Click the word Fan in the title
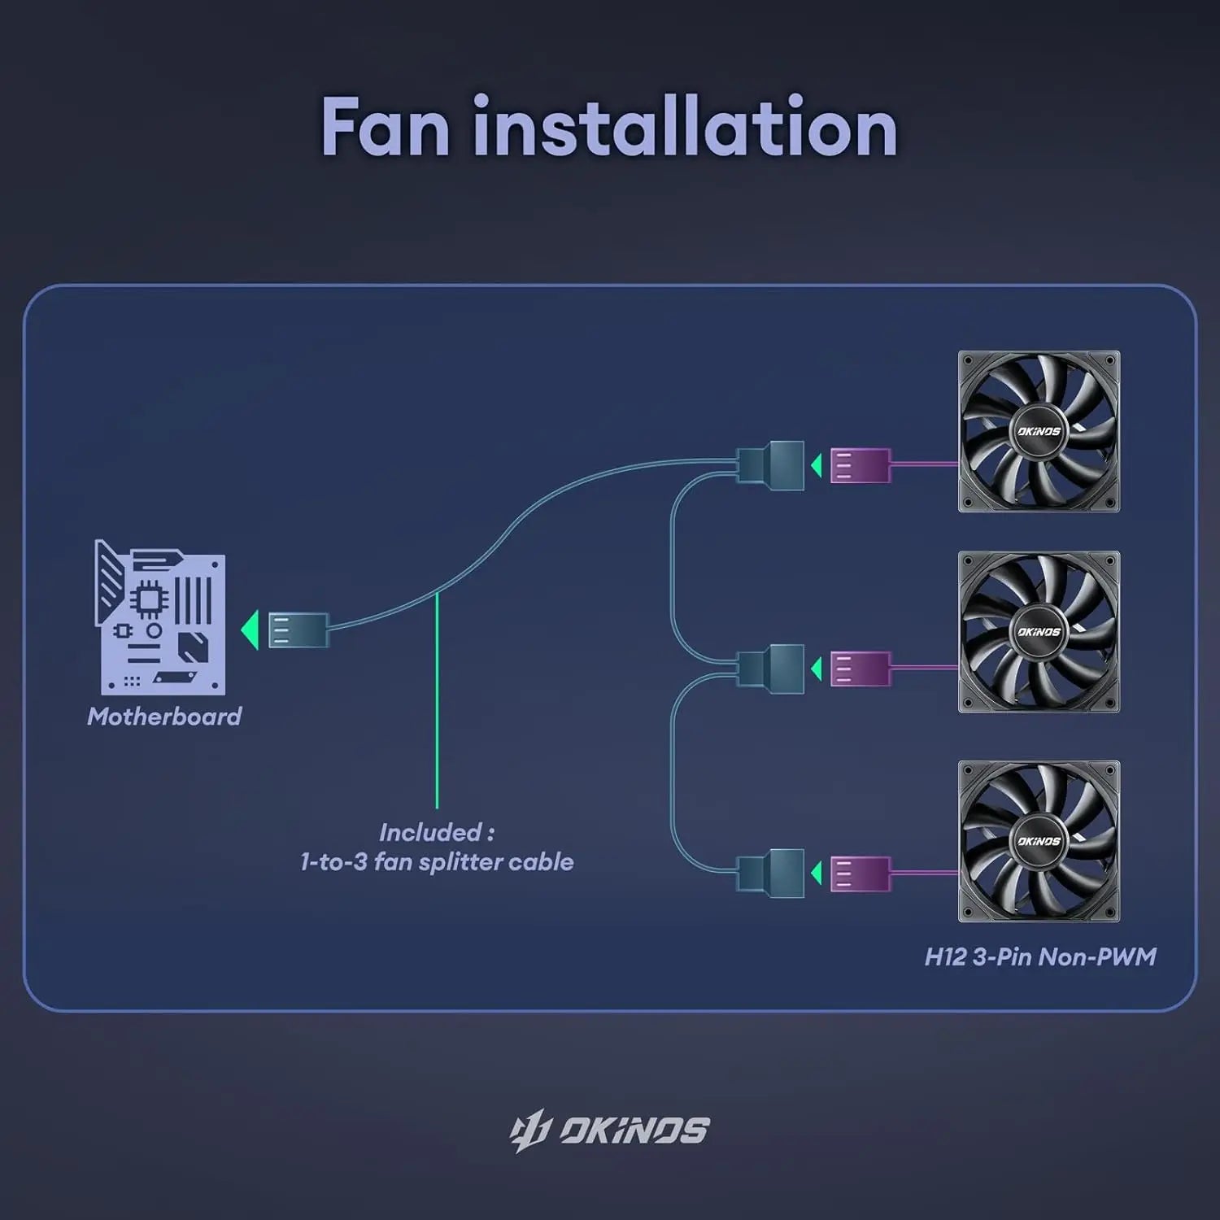pos(386,128)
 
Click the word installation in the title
pos(685,128)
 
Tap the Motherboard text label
pos(164,717)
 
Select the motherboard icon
pos(160,617)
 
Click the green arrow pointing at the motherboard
pos(250,630)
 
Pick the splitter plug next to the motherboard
pos(298,630)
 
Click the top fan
pos(1039,431)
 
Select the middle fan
pos(1039,632)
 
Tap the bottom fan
pos(1039,841)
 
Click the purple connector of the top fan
pos(860,466)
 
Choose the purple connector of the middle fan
pos(860,669)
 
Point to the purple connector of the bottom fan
pos(860,874)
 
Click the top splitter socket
pos(771,466)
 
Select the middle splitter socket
pos(771,669)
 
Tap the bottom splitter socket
pos(771,874)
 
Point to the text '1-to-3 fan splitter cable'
pos(437,862)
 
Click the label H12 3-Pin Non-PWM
pos(1040,956)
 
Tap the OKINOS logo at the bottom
pos(610,1131)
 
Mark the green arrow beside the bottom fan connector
pos(816,874)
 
